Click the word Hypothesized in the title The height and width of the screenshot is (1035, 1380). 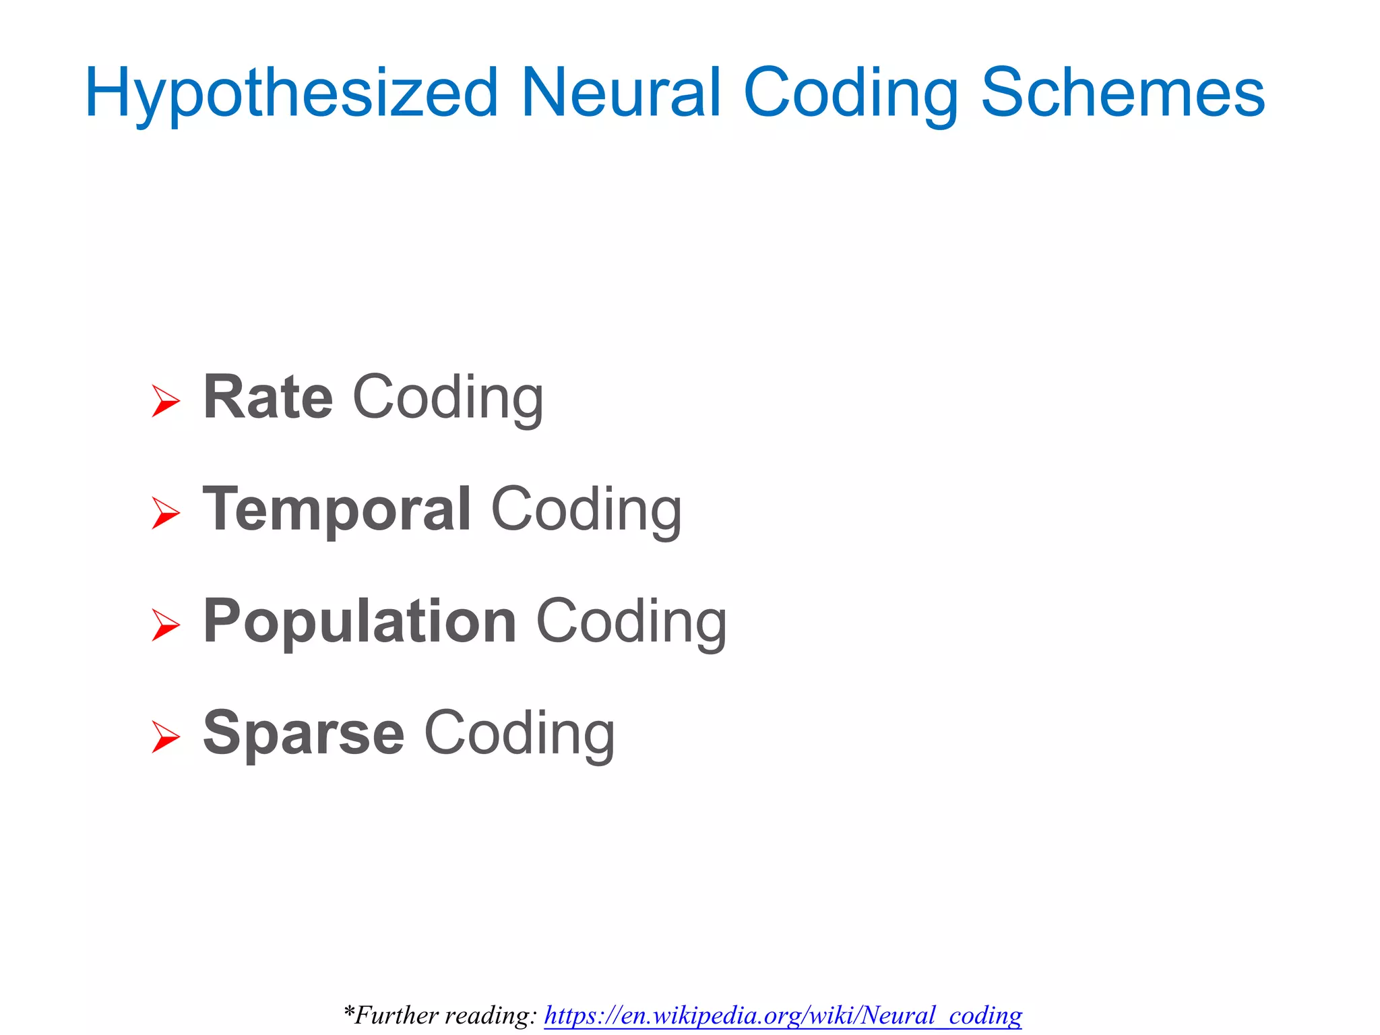291,94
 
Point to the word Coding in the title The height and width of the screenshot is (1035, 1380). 851,94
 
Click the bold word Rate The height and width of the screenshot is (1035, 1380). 268,398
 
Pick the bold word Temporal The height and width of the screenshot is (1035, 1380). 337,510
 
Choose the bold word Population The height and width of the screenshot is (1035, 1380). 360,622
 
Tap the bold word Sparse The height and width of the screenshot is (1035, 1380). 303,734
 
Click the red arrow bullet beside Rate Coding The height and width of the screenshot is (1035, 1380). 165,401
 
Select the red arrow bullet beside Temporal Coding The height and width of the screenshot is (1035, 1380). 165,513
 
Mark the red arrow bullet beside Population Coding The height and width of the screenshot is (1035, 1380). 165,625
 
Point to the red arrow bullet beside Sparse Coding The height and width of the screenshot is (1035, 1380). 165,736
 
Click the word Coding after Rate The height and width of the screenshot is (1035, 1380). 448,399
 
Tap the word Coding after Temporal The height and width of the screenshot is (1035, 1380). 586,511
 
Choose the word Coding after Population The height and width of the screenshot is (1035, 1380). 631,623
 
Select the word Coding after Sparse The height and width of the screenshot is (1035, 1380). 519,734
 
